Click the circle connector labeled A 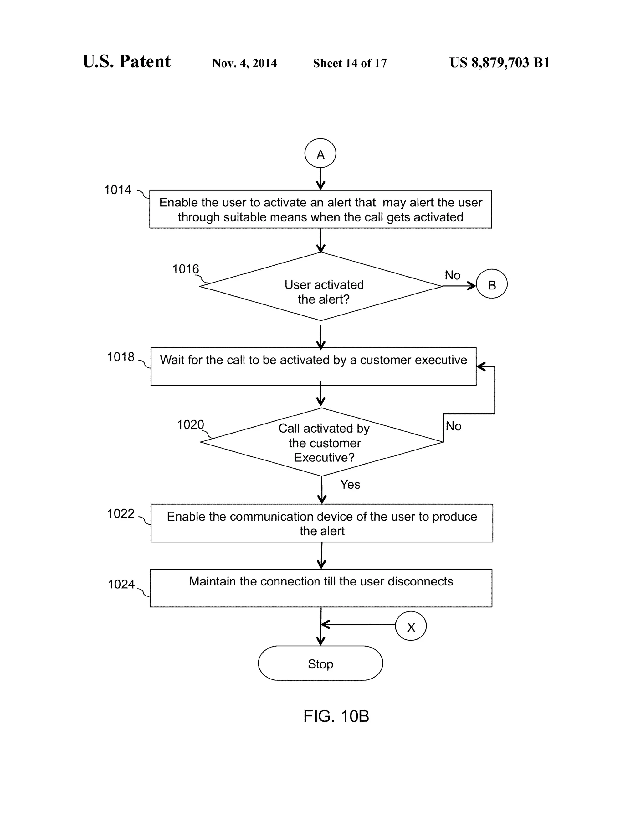(x=320, y=153)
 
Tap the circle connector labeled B (x=491, y=284)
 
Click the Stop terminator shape (x=320, y=663)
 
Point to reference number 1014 (x=118, y=190)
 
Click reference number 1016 (x=185, y=269)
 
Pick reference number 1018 (x=121, y=357)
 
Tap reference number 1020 (x=190, y=424)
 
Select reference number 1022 (x=121, y=513)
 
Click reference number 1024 (x=121, y=584)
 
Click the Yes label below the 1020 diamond (x=350, y=484)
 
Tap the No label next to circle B (x=452, y=275)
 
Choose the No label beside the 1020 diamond (x=453, y=426)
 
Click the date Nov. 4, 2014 (x=244, y=63)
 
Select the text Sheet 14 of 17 (x=350, y=63)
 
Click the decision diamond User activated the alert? (x=321, y=287)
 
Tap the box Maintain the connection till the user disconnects (x=321, y=588)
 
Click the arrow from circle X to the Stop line (x=357, y=624)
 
